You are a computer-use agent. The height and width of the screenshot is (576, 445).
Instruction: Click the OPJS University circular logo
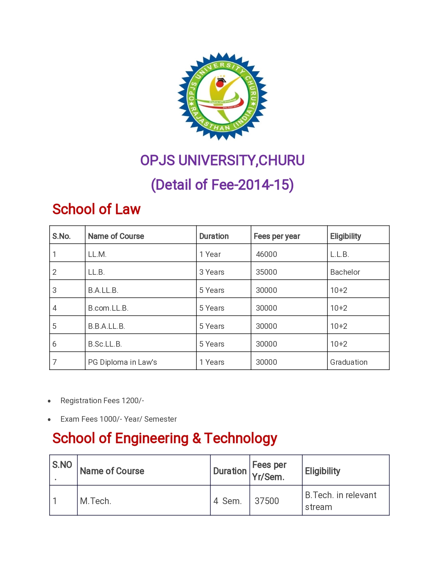pos(222,96)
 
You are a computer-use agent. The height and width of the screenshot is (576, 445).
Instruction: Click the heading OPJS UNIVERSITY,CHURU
pos(222,161)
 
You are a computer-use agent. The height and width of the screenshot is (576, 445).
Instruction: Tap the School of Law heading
pos(96,209)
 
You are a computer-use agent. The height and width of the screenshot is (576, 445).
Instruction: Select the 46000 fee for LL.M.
pos(266,254)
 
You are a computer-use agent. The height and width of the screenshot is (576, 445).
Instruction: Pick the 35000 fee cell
pos(266,272)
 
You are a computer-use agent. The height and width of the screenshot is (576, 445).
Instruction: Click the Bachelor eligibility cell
pos(345,272)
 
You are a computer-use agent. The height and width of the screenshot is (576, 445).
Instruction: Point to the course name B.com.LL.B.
pos(108,308)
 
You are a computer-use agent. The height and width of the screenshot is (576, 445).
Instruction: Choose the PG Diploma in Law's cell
pos(123,362)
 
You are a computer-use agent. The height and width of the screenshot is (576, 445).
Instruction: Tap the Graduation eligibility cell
pos(349,362)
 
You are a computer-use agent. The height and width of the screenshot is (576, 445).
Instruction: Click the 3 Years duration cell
pos(212,272)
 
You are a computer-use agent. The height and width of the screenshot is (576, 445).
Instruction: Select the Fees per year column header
pos(277,236)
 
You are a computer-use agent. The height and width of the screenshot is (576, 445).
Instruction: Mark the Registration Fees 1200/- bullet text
pos(102,401)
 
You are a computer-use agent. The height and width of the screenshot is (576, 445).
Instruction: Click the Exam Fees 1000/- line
pos(119,419)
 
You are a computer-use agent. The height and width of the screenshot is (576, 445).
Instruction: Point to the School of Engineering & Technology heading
pos(165,438)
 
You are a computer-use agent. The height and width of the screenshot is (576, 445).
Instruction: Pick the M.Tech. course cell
pos(96,501)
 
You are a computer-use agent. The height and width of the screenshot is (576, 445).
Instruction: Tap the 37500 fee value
pos(267,501)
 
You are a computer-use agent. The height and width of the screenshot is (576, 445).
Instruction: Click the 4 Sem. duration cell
pos(228,501)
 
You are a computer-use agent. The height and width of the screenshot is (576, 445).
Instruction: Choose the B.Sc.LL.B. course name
pos(105,344)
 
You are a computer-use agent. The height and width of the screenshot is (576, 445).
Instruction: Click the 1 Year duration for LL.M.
pos(210,254)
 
